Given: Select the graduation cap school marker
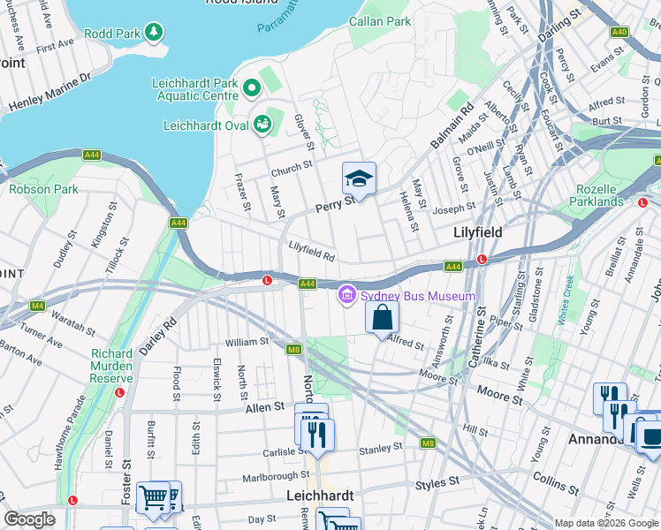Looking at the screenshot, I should pos(360,180).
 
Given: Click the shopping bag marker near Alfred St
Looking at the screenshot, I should pos(382,318).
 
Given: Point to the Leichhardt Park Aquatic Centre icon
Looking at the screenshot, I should pos(252,87).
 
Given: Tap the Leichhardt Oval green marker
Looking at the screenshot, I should pos(262,125).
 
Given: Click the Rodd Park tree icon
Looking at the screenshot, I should pos(156,33).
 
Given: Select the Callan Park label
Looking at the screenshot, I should pos(380,20).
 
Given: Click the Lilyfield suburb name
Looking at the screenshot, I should pos(478,231).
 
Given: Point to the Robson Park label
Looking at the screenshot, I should pos(44,189).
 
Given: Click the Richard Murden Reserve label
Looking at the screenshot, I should pos(111,366).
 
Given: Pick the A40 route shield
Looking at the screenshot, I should pos(619,32).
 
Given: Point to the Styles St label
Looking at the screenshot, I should pos(438,483).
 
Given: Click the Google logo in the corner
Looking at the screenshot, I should pos(28,519).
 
